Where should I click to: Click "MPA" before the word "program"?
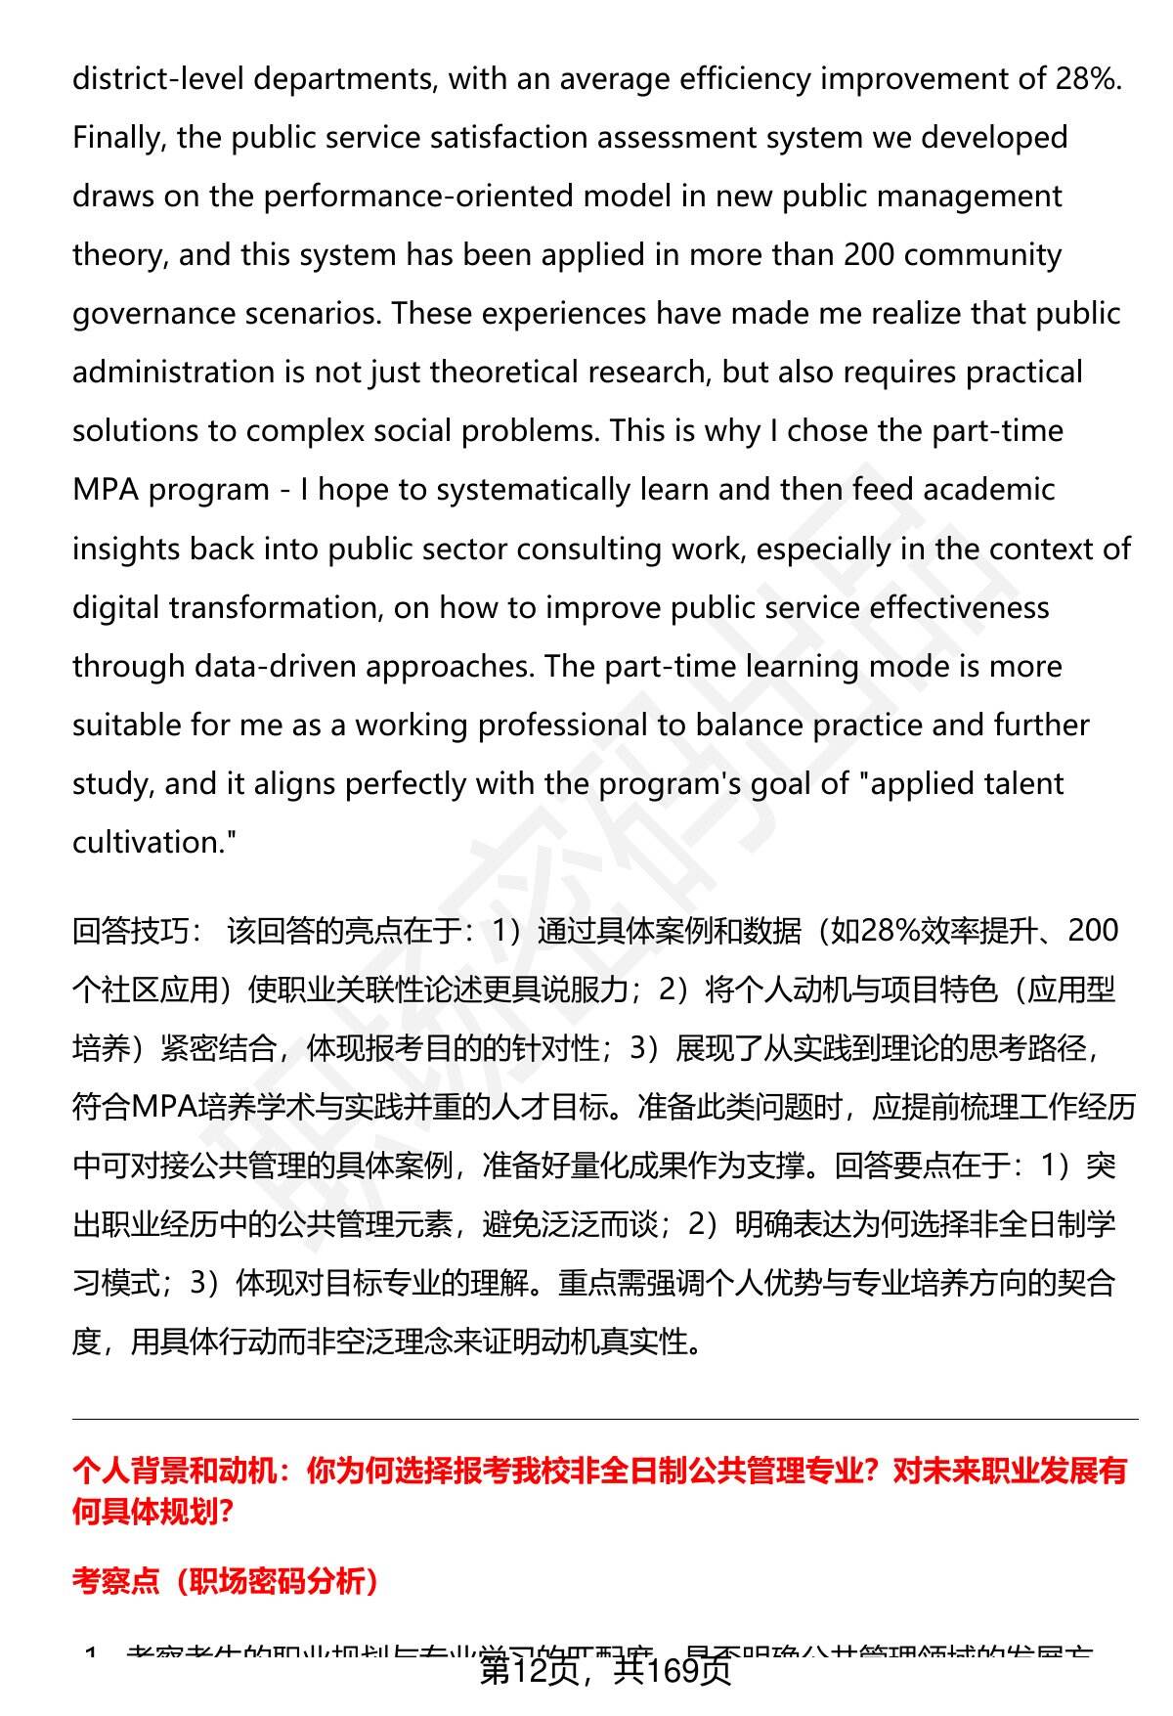click(x=105, y=490)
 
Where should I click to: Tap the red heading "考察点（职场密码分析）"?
click(x=226, y=1581)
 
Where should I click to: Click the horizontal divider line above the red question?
click(x=605, y=1419)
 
